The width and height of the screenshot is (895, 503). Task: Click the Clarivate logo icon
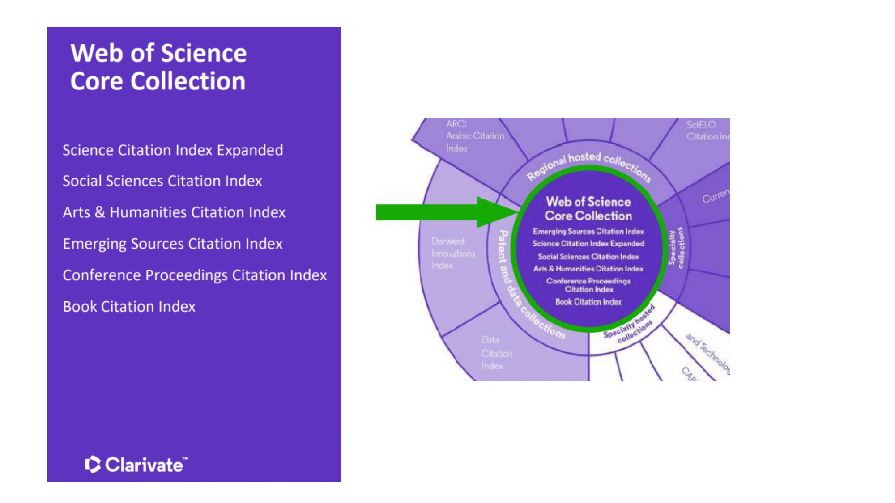pos(92,465)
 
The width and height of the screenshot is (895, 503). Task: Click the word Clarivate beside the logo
pos(144,465)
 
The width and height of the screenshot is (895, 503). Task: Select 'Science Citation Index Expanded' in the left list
pos(173,150)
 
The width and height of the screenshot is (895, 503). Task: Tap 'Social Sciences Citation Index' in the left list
pos(162,181)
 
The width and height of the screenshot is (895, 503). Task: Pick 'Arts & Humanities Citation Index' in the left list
pos(174,212)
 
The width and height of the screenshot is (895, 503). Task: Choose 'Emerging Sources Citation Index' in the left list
pos(173,244)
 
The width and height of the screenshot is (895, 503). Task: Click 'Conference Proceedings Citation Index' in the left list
pos(195,275)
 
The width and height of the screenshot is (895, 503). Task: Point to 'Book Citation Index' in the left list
pos(129,307)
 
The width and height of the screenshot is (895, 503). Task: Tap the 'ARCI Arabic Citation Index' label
pos(474,136)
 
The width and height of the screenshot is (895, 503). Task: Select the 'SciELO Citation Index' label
pos(706,131)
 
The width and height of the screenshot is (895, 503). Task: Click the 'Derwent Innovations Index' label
pos(453,254)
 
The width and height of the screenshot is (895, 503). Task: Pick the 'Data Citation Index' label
pos(496,353)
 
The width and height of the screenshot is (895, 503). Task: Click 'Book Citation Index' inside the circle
pos(588,302)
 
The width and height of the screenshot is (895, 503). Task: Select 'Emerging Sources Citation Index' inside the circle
pos(588,232)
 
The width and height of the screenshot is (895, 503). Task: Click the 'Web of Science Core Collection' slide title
pos(158,67)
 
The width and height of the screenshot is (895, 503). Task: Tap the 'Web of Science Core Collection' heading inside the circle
pos(588,209)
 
